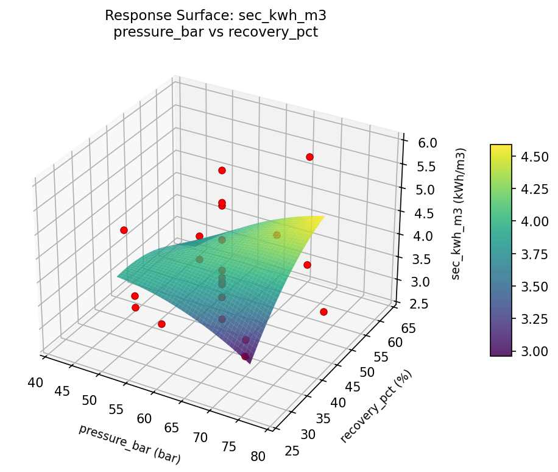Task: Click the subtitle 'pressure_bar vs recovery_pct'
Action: (216, 32)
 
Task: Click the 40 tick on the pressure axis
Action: (35, 382)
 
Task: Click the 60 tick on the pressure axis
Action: (144, 418)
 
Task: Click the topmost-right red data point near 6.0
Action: (309, 157)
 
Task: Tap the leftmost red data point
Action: (124, 230)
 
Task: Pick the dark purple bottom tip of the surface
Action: (249, 362)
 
